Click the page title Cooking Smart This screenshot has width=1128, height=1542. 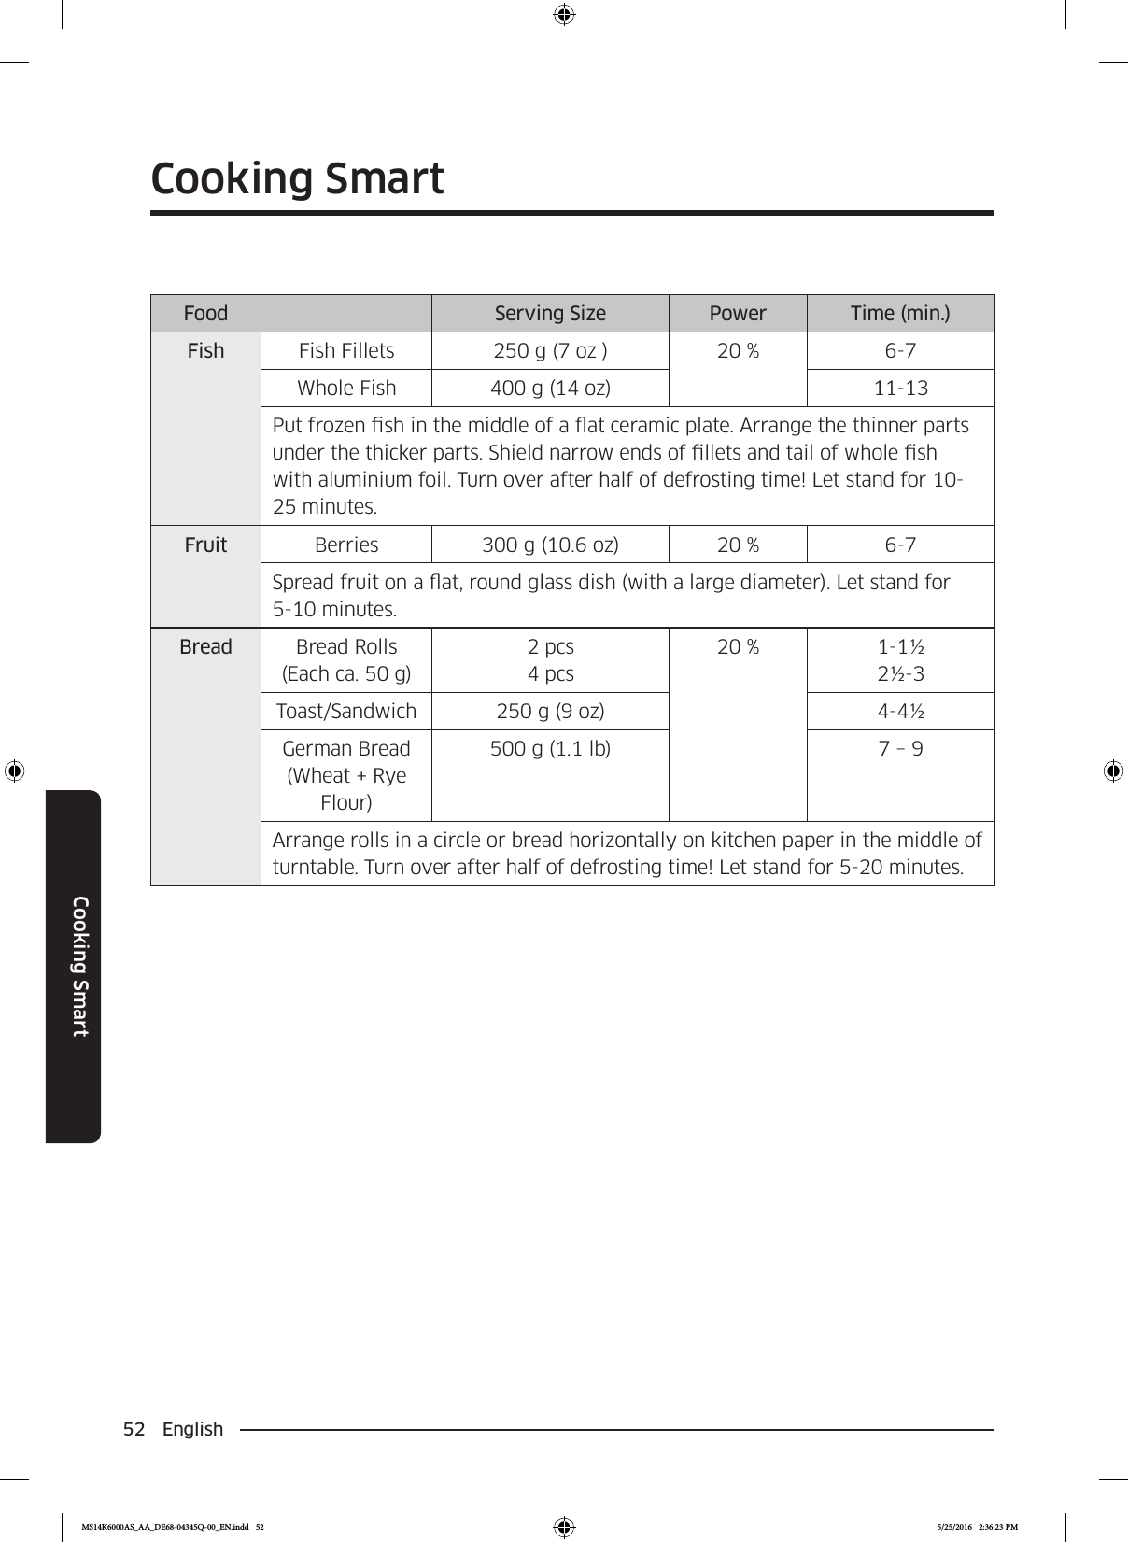(x=297, y=178)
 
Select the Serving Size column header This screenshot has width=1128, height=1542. (x=550, y=314)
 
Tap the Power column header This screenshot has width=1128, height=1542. (x=738, y=314)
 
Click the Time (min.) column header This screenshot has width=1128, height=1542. (x=900, y=314)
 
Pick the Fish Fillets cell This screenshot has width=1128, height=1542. (x=346, y=351)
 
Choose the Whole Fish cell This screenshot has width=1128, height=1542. (x=346, y=389)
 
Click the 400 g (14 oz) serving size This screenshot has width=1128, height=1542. (x=550, y=389)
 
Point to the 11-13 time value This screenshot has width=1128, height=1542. (x=900, y=389)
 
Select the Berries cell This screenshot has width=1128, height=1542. (x=346, y=545)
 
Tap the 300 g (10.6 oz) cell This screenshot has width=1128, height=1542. (x=550, y=545)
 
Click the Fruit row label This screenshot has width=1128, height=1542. (x=205, y=545)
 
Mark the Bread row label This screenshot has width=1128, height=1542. (x=205, y=647)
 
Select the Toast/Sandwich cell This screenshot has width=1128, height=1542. (x=346, y=712)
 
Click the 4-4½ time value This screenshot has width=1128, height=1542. (x=900, y=712)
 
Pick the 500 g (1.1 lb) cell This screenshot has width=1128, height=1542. (x=550, y=749)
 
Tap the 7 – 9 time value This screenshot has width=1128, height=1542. (x=900, y=749)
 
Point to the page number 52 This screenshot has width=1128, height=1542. (x=134, y=1429)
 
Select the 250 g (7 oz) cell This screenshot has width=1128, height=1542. (x=550, y=351)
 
